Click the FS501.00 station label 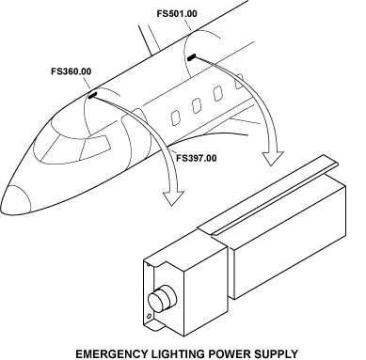tap(177, 14)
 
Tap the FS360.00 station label tap(72, 71)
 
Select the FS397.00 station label tap(197, 158)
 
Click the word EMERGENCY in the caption tap(111, 353)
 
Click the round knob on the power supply tap(163, 298)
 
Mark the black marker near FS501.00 tap(191, 57)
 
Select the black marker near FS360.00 tap(93, 95)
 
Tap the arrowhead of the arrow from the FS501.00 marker tap(273, 158)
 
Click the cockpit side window tap(96, 146)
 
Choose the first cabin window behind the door tap(176, 117)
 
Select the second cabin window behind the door tap(197, 105)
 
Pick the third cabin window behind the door tap(218, 93)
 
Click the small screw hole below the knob tap(150, 316)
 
